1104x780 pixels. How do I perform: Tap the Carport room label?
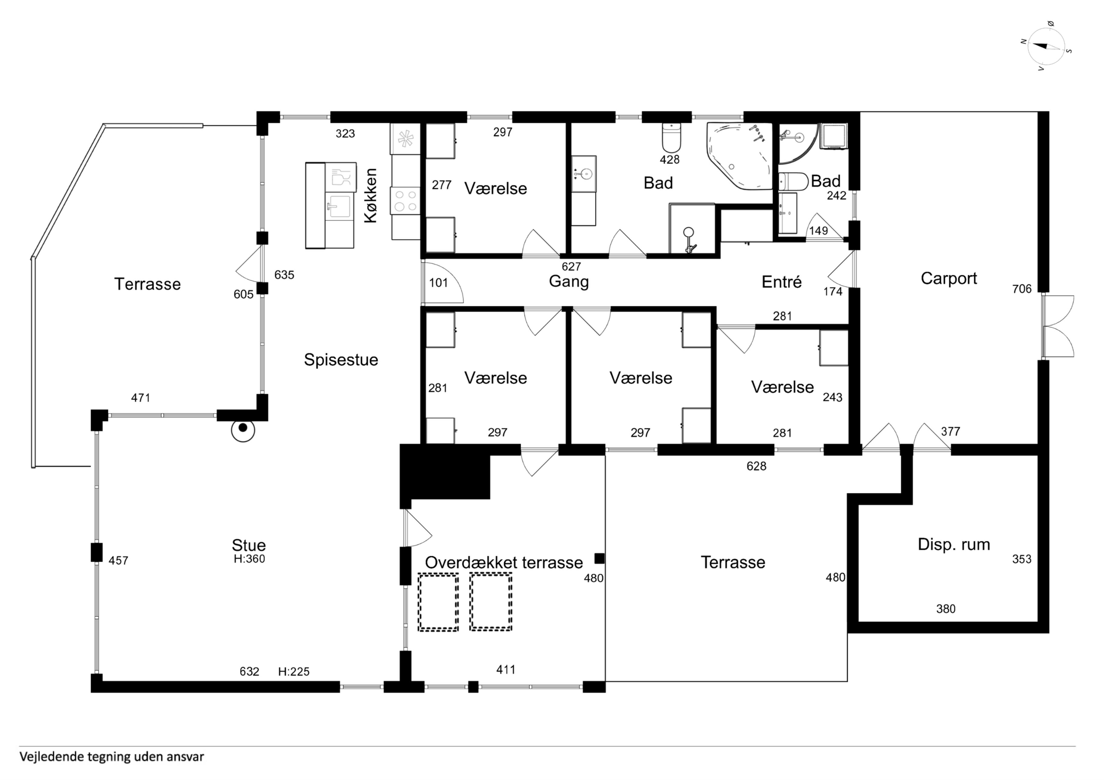tap(949, 279)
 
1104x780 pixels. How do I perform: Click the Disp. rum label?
tap(954, 544)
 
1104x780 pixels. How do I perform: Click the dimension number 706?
tap(1022, 289)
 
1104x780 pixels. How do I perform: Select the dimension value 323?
tap(345, 134)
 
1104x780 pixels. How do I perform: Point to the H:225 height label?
tap(294, 671)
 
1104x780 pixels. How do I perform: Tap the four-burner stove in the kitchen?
tap(405, 201)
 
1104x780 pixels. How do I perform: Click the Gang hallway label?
tap(569, 282)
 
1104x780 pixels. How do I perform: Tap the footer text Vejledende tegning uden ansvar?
tap(112, 757)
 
